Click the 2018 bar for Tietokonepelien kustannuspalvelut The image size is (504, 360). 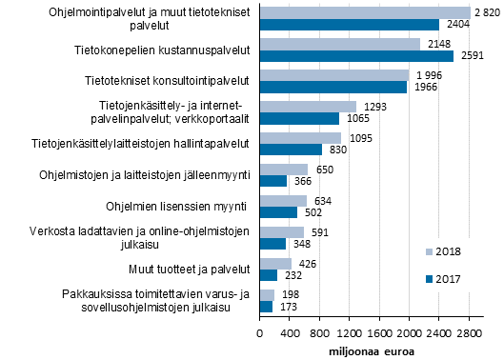coord(340,44)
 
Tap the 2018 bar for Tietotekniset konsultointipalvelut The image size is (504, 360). coord(334,75)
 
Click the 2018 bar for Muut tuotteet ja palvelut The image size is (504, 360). coord(276,263)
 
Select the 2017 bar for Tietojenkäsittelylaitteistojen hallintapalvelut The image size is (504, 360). coord(292,150)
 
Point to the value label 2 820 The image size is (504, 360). coord(487,12)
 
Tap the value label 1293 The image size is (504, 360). coord(374,107)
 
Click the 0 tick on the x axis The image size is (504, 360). coord(260,335)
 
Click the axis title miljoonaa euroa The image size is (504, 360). coord(365,350)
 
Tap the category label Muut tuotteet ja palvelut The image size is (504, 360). coord(183,269)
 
